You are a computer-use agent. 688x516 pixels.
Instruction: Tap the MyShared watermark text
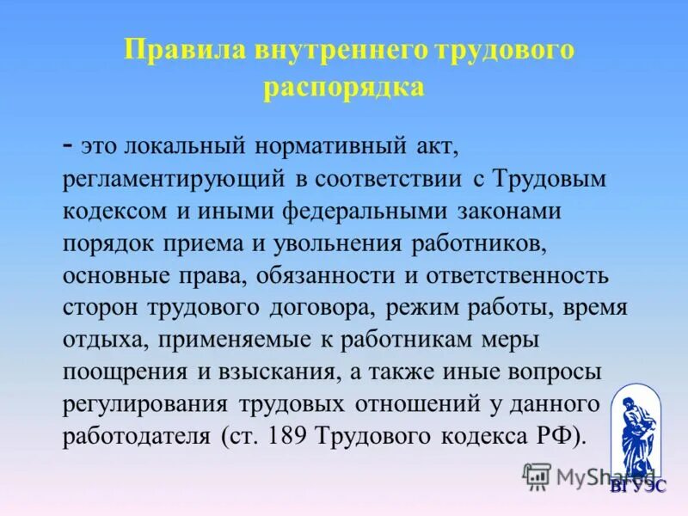[x=602, y=474]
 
